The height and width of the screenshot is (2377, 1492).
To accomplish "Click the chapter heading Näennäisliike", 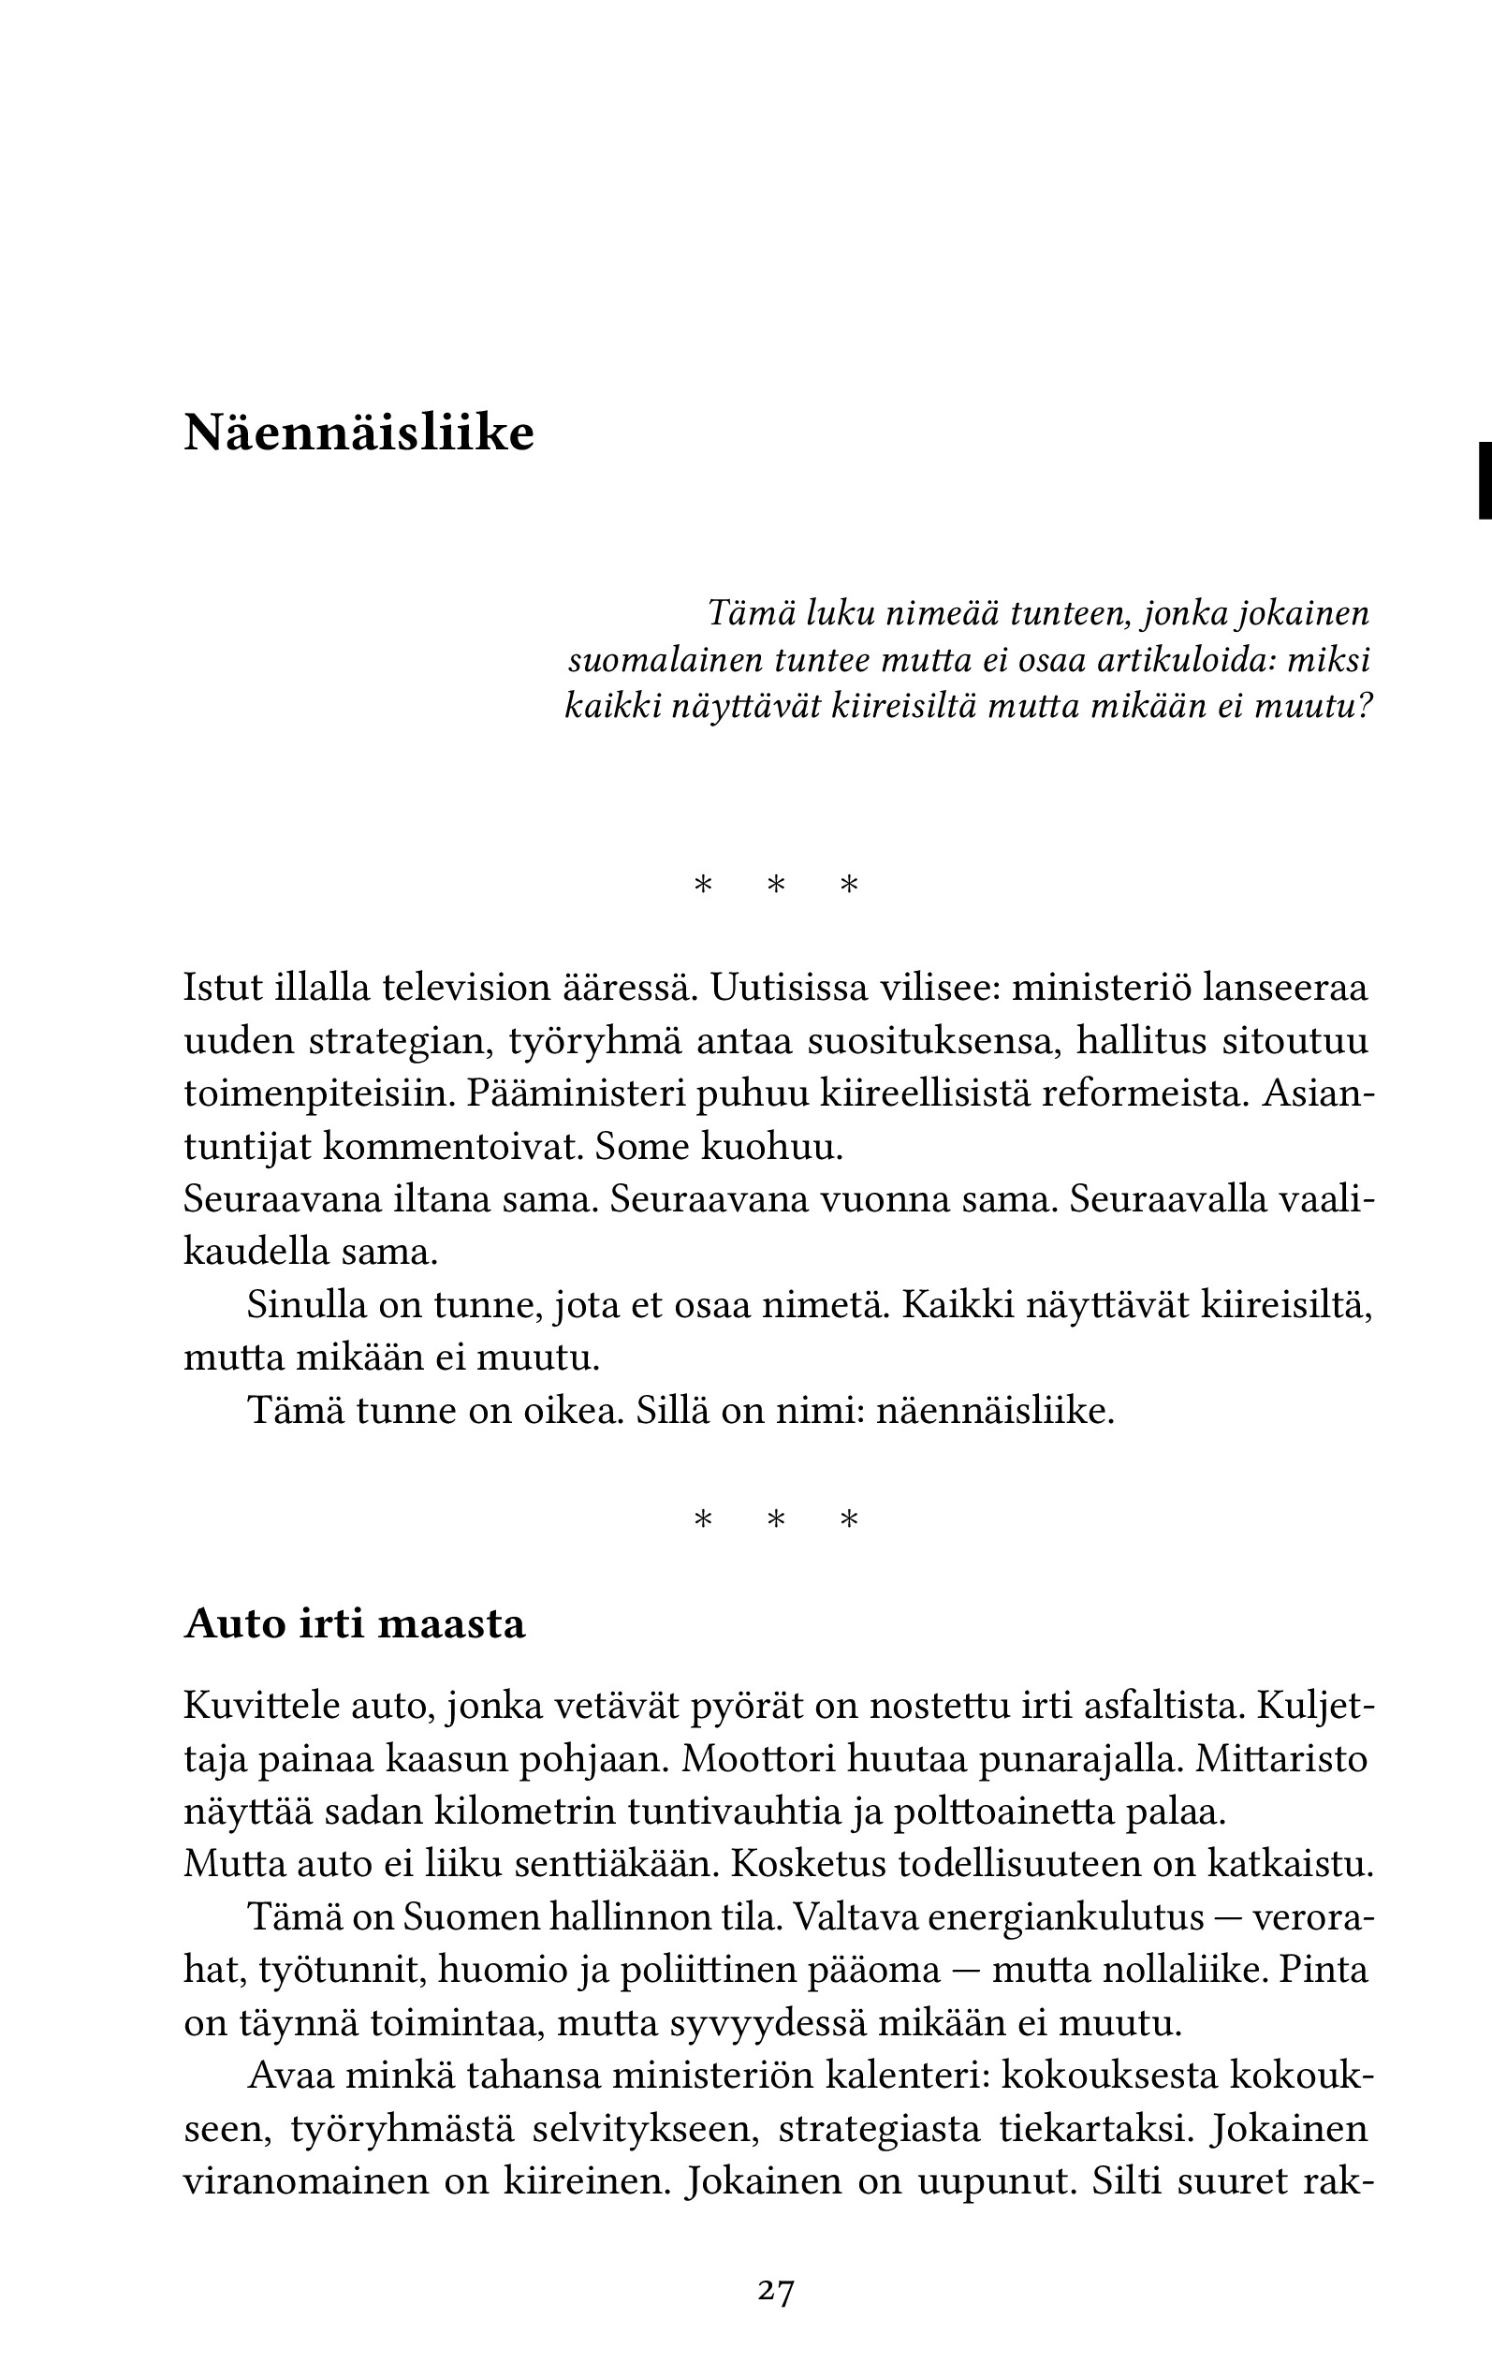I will point(358,433).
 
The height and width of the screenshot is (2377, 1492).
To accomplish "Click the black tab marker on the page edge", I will point(1484,479).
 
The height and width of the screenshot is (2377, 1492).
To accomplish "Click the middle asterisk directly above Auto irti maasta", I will point(776,1519).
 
